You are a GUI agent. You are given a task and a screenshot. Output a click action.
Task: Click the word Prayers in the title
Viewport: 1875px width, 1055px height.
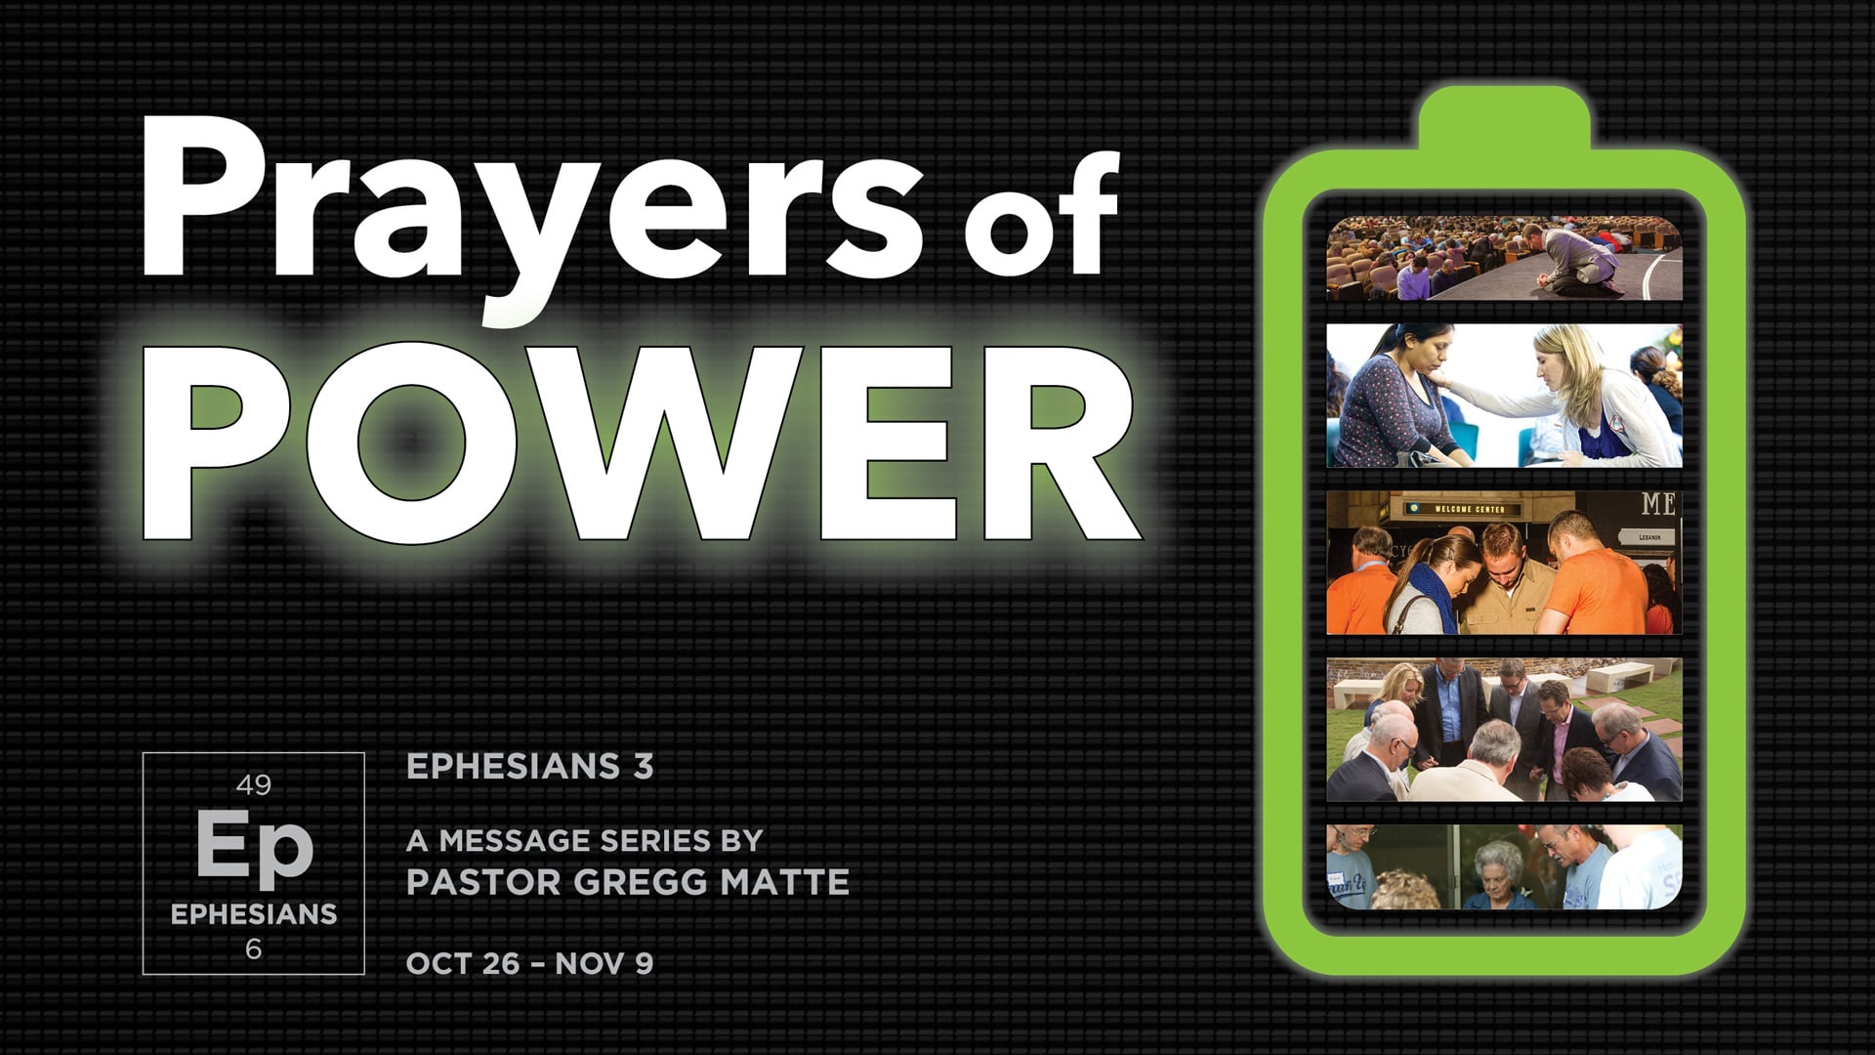point(532,205)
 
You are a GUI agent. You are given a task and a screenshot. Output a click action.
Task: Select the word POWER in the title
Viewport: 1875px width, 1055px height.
point(640,444)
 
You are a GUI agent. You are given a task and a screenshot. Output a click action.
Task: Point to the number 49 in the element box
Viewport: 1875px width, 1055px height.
point(254,784)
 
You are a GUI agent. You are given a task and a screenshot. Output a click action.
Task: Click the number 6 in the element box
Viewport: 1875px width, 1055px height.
point(254,949)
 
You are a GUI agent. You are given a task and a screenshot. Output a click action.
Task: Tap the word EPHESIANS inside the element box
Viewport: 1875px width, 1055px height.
point(254,913)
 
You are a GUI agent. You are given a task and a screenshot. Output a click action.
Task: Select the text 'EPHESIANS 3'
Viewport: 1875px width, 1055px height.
point(529,767)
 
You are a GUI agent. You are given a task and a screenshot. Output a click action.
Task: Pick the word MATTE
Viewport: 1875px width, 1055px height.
point(784,882)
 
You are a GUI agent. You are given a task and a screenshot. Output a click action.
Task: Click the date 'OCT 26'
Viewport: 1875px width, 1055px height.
point(463,963)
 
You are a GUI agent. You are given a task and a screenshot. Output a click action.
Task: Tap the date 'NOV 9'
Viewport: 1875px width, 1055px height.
point(604,963)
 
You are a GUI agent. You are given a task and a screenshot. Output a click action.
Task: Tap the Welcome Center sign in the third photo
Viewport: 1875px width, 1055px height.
point(1469,509)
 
